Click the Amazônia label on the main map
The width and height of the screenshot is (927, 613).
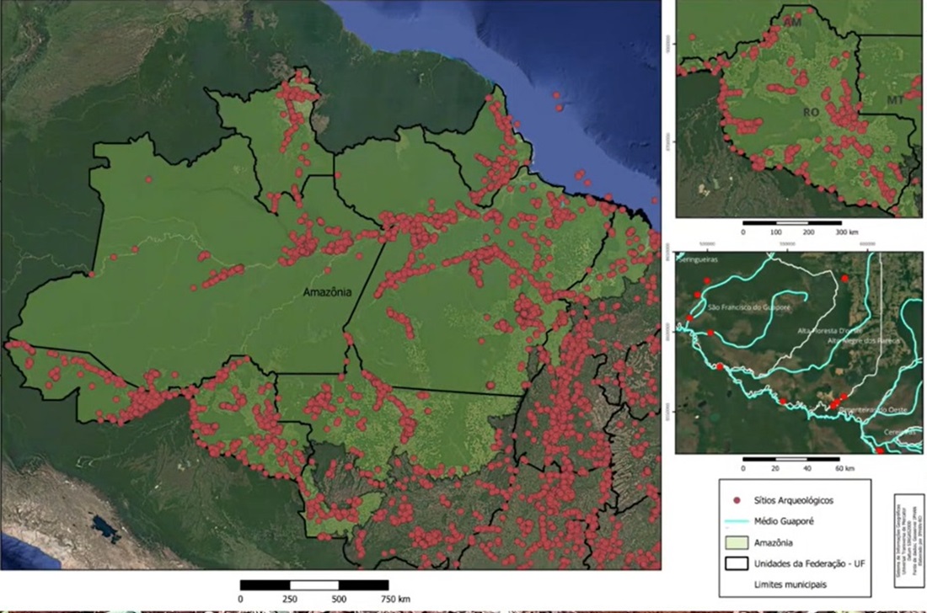327,292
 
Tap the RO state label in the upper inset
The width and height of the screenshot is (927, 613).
810,112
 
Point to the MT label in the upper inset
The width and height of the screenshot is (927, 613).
896,101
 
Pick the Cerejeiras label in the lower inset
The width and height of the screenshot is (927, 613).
899,432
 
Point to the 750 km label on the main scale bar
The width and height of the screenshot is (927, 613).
394,599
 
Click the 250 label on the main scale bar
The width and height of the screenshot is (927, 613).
290,599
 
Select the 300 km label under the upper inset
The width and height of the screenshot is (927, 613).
844,231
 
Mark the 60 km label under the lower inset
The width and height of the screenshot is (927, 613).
844,467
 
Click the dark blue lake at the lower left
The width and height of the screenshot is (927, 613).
104,528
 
